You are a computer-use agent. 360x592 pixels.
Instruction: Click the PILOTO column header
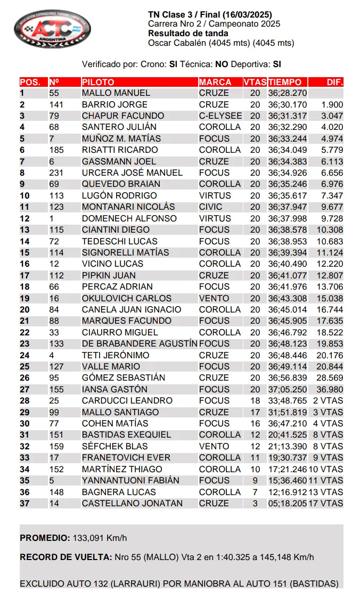pyautogui.click(x=98, y=82)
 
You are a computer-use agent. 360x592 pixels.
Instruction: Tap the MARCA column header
pyautogui.click(x=215, y=82)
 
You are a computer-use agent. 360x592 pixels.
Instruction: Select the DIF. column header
pyautogui.click(x=334, y=82)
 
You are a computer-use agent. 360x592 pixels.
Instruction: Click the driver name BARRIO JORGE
pyautogui.click(x=114, y=104)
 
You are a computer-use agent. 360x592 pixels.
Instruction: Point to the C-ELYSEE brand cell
pyautogui.click(x=220, y=116)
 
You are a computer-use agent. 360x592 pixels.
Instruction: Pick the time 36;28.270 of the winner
pyautogui.click(x=288, y=93)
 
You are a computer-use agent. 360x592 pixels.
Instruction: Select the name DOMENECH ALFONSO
pyautogui.click(x=129, y=218)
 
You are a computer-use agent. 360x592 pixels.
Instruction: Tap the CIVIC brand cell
pyautogui.click(x=211, y=207)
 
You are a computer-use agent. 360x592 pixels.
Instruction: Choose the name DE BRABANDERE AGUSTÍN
pyautogui.click(x=140, y=344)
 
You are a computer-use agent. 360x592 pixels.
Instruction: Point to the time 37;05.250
pyautogui.click(x=288, y=389)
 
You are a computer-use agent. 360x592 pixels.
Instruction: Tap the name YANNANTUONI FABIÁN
pyautogui.click(x=130, y=480)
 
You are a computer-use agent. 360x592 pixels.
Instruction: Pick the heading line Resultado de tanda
pyautogui.click(x=188, y=34)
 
